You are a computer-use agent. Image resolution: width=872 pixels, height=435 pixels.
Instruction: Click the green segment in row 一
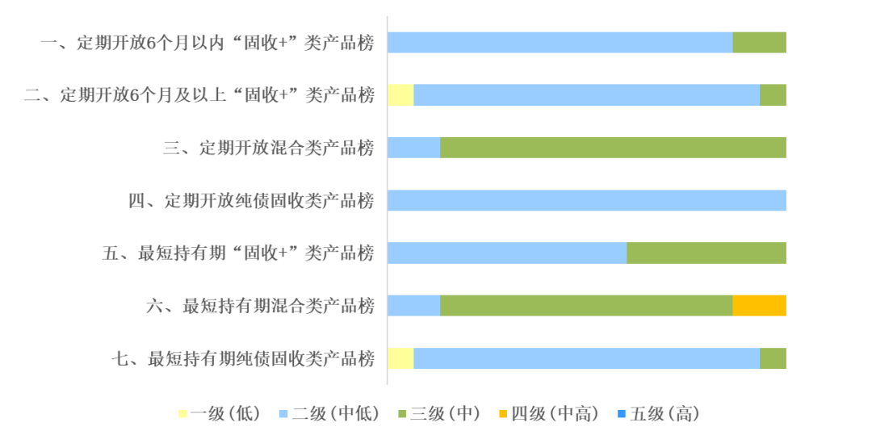click(x=759, y=43)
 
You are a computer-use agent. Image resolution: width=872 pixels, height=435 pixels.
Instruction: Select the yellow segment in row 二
click(x=400, y=95)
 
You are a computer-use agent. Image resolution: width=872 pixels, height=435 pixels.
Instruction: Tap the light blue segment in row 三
click(x=413, y=147)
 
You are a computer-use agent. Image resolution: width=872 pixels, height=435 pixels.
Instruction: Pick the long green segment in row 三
click(x=614, y=147)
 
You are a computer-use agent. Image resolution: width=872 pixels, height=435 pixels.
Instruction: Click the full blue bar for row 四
click(x=587, y=200)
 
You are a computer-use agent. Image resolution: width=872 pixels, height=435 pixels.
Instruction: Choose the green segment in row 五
click(x=706, y=253)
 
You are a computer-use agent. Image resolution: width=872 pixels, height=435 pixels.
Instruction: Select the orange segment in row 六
click(x=759, y=306)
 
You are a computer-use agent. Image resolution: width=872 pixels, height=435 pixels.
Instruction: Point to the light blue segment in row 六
click(x=413, y=306)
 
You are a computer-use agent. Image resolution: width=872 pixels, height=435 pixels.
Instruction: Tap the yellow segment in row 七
click(x=400, y=358)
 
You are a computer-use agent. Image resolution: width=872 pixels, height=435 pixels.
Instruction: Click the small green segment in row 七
click(x=773, y=358)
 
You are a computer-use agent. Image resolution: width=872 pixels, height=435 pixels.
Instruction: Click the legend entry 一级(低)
click(x=219, y=413)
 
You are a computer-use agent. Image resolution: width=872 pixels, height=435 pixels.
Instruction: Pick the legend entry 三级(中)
click(x=439, y=413)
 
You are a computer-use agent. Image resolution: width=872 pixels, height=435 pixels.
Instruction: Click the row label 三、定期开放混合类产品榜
click(x=269, y=148)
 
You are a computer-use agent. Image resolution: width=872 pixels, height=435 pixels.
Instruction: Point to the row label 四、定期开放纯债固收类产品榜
click(x=251, y=201)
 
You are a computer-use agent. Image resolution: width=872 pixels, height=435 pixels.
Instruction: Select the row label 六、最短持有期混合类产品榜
click(x=260, y=306)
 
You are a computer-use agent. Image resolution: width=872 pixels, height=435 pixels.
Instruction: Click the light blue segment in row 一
click(x=560, y=43)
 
